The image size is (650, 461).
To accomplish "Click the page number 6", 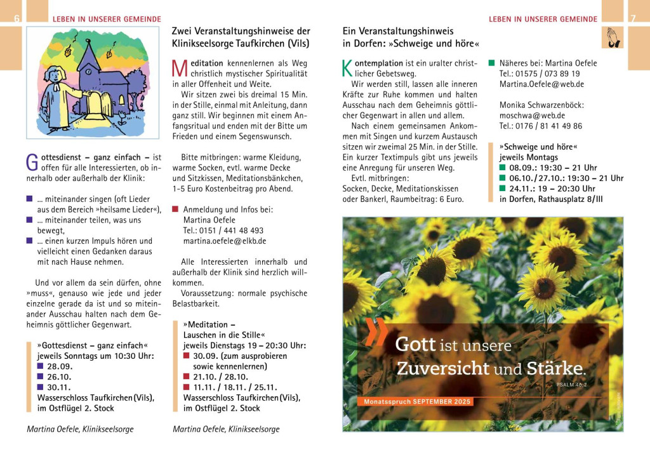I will pos(17,19).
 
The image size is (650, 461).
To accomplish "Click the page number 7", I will pos(632,19).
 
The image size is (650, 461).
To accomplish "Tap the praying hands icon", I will pos(612,37).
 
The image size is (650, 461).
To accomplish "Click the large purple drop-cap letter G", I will pos(32,161).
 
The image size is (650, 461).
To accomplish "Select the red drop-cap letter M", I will pos(179,68).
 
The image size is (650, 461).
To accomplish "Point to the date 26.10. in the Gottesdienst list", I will pos(59,377).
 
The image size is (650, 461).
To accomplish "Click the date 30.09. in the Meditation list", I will pos(206,356).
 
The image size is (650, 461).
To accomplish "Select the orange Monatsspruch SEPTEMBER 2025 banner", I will pos(418,402).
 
